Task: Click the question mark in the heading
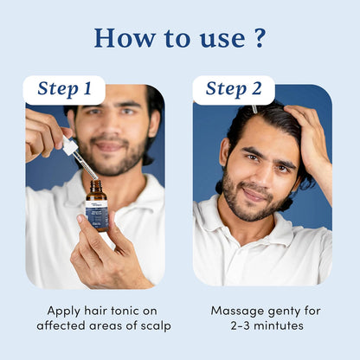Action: [x=258, y=38]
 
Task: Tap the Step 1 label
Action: [x=64, y=89]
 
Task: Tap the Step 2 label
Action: [x=233, y=89]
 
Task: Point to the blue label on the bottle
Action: [x=97, y=217]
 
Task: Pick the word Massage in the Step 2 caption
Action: [x=239, y=310]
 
